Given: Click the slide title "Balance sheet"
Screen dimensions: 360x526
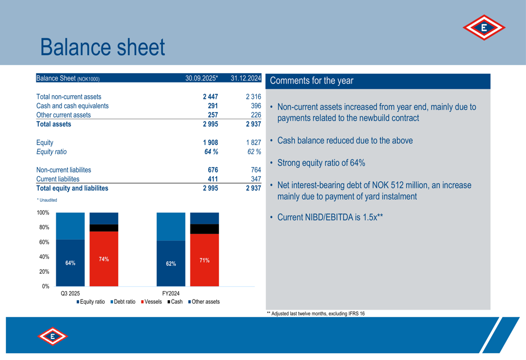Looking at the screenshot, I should coord(102,47).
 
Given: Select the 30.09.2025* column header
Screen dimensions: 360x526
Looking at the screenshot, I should coord(201,78).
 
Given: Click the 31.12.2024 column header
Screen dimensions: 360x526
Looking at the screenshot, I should coord(246,78).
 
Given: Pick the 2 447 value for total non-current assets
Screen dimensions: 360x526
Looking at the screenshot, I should coord(210,97).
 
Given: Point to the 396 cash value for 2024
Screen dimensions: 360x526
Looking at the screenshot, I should coord(255,106).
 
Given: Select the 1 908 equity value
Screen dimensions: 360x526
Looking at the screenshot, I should coord(210,142).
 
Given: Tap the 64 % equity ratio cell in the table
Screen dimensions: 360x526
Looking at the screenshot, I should coord(211,152).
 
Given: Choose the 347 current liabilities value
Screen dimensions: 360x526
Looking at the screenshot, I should coord(255,179).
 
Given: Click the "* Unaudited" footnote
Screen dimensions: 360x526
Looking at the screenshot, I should coord(47,200).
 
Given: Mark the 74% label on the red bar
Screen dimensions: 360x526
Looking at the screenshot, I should coord(104,259).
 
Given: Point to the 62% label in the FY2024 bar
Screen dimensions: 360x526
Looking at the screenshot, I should coord(171,264).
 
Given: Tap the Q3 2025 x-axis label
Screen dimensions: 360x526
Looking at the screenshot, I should coord(70,293).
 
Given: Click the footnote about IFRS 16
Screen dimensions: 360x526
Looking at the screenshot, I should coord(316,314).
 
